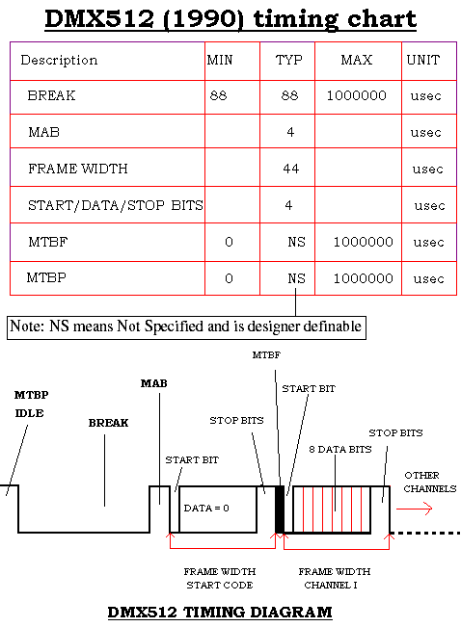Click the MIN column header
point(220,60)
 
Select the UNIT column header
point(423,60)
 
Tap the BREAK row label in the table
point(51,95)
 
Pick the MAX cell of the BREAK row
point(357,95)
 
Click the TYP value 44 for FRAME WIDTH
point(291,169)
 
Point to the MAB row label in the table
point(44,132)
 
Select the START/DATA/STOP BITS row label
point(116,205)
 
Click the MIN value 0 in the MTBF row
point(229,242)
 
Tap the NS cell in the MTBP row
point(296,278)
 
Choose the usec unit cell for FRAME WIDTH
point(428,170)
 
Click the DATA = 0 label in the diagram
point(206,509)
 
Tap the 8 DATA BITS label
point(340,450)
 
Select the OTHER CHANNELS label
point(430,482)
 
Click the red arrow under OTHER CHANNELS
point(414,509)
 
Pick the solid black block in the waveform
point(280,509)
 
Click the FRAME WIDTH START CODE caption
point(220,578)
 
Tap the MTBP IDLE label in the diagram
point(31,404)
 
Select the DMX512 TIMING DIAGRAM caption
point(220,613)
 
